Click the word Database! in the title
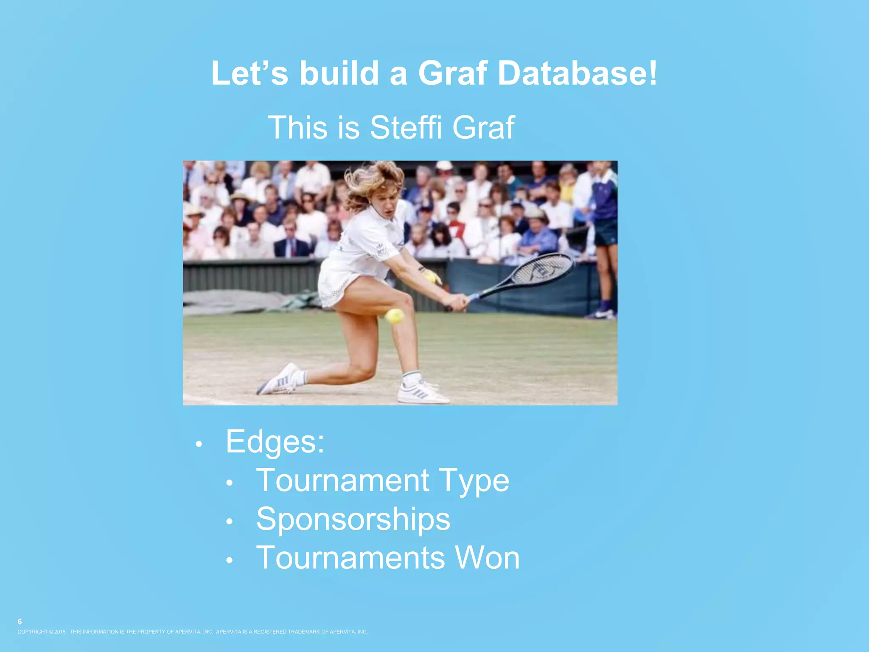[x=577, y=73]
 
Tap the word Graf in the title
[x=452, y=73]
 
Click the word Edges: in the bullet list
[x=275, y=441]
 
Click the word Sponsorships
[x=353, y=519]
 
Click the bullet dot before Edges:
[x=199, y=444]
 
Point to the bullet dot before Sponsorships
[x=230, y=522]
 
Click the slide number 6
[x=20, y=621]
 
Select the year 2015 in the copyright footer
[x=60, y=632]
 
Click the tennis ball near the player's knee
[x=395, y=316]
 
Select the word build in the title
[x=339, y=73]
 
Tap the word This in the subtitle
[x=298, y=127]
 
